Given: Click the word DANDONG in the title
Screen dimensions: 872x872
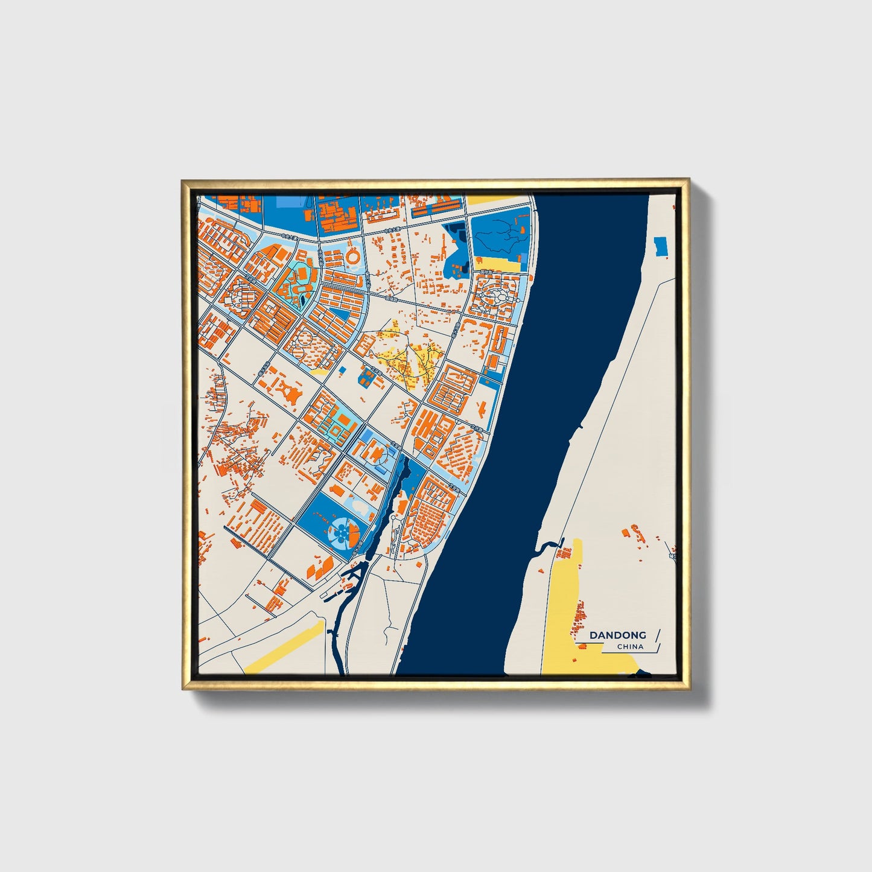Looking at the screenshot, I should click(x=617, y=635).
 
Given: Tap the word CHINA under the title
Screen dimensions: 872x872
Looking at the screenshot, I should click(x=630, y=647).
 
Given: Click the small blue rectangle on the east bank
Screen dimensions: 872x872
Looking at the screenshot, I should click(x=661, y=245).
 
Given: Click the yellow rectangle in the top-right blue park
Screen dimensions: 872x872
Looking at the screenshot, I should click(x=498, y=264).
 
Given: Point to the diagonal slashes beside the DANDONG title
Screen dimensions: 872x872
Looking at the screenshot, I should click(x=657, y=640).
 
